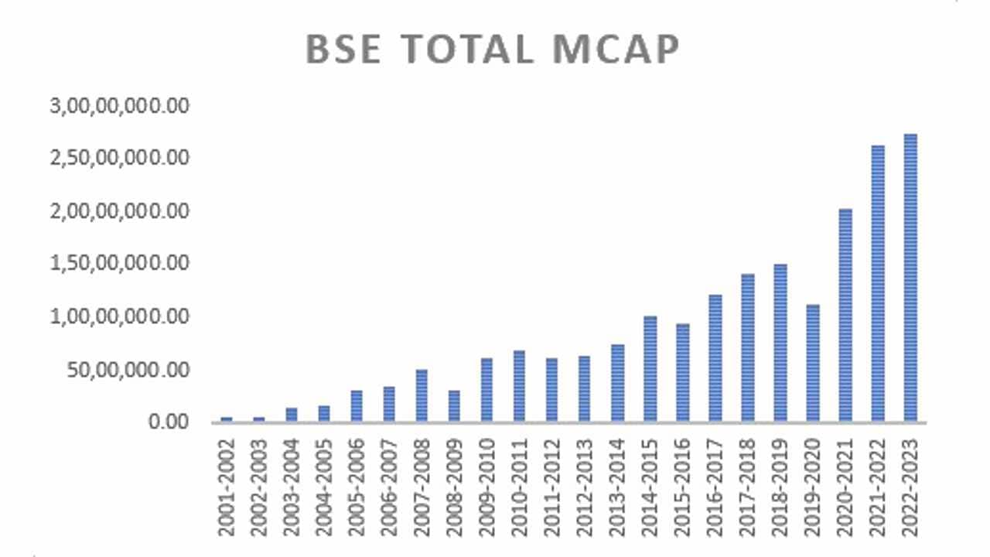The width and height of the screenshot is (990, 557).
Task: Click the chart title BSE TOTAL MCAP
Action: [x=493, y=50]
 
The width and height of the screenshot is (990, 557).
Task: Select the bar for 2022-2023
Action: [x=910, y=278]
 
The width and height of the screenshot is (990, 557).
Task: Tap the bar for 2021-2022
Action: [x=878, y=283]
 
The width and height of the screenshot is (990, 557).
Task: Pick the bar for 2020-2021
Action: [x=845, y=315]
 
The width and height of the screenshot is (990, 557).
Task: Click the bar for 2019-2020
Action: [x=813, y=363]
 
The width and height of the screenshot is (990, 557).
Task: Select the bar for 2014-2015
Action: [x=650, y=369]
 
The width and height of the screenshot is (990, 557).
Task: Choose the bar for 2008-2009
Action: [x=454, y=406]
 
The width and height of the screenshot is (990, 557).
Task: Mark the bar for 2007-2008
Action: [x=422, y=395]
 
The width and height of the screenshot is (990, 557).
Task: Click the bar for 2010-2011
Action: [x=519, y=386]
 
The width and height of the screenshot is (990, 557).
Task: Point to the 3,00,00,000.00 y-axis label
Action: [x=120, y=106]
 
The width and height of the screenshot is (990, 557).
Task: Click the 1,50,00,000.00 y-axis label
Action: [x=120, y=264]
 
